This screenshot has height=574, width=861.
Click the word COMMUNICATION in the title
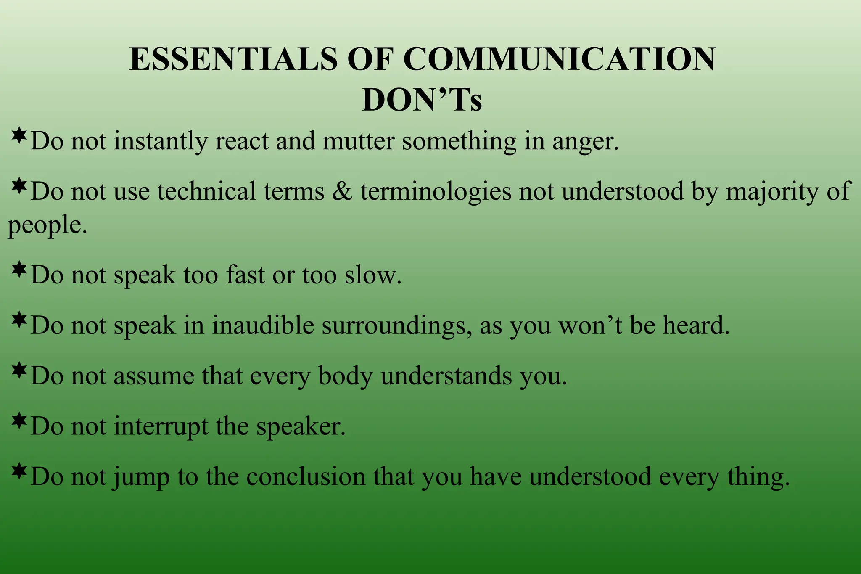click(559, 59)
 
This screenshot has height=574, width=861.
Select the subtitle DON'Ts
click(422, 100)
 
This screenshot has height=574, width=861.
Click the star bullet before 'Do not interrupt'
click(19, 421)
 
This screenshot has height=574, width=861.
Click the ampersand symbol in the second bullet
click(342, 191)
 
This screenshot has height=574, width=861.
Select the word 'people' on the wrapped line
click(45, 225)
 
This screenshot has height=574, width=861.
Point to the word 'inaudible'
click(263, 325)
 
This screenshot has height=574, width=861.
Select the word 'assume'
click(153, 376)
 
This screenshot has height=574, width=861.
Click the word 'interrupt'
click(161, 426)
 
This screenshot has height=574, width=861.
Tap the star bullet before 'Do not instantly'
click(19, 135)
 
